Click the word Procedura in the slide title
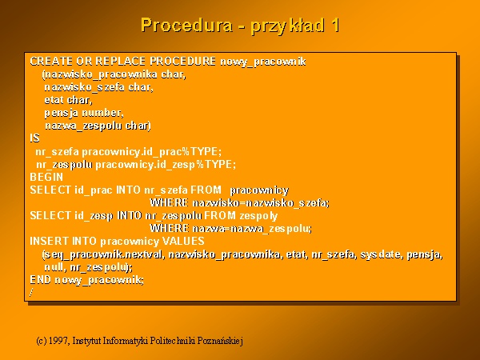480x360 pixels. [186, 25]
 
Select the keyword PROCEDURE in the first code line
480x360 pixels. [182, 62]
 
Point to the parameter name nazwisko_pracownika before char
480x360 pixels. [101, 74]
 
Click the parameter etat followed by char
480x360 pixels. [54, 100]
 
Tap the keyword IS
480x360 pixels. [34, 138]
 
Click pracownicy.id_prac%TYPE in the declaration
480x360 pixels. [151, 151]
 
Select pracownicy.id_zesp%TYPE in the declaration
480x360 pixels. [166, 164]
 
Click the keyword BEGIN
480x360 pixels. [46, 177]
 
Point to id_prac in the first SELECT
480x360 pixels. [94, 190]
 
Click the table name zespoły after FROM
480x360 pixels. [258, 216]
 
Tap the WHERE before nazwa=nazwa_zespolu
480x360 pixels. [169, 228]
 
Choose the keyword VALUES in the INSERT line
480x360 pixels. [183, 242]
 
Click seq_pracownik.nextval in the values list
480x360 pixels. [104, 254]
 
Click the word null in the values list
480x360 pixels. [54, 267]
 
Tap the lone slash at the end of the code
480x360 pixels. [31, 293]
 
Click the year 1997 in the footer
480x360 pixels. [58, 341]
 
